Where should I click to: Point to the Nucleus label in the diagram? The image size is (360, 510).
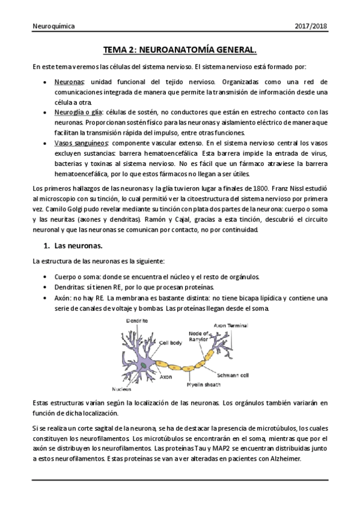[121, 389]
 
